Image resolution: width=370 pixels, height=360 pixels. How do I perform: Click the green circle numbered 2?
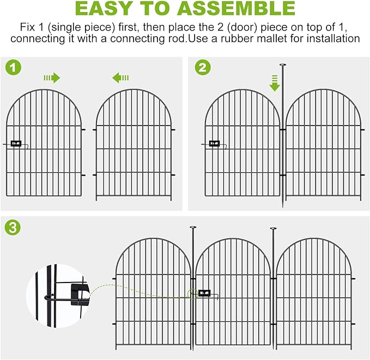pos(202,68)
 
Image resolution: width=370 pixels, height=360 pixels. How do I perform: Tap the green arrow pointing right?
pos(52,78)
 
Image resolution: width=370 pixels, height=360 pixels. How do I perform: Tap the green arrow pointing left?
pos(120,78)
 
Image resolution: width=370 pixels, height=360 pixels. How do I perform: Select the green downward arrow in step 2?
pos(275,82)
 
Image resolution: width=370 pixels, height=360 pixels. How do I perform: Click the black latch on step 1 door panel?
pos(16,144)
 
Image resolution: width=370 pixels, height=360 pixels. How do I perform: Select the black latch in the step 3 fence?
pos(205,293)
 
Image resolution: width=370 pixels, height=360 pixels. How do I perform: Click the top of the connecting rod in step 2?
pos(282,65)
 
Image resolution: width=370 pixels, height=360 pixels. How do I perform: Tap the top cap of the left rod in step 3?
pos(193,227)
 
